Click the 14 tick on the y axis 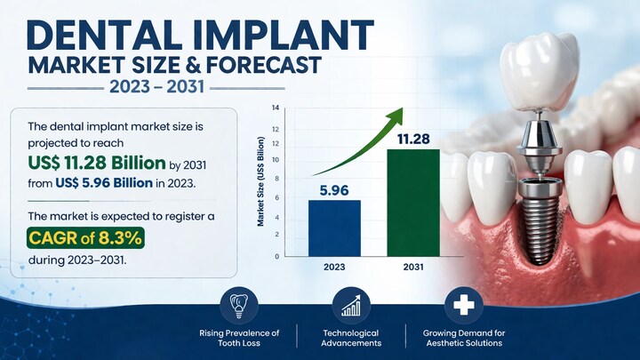point(276,108)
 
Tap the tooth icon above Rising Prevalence point(239,307)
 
